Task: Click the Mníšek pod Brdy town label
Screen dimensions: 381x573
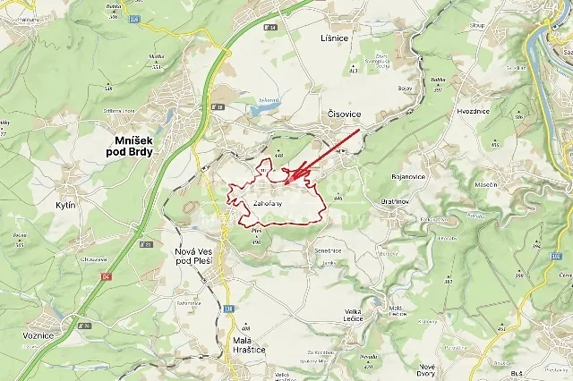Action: (133, 146)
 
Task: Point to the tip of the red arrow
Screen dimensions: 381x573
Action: (286, 185)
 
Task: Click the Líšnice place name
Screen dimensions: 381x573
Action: (333, 38)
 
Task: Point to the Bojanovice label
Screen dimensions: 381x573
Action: (408, 176)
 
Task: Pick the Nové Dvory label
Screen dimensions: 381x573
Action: (427, 369)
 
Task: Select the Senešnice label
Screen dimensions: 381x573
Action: (328, 250)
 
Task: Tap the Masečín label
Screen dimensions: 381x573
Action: (486, 183)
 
